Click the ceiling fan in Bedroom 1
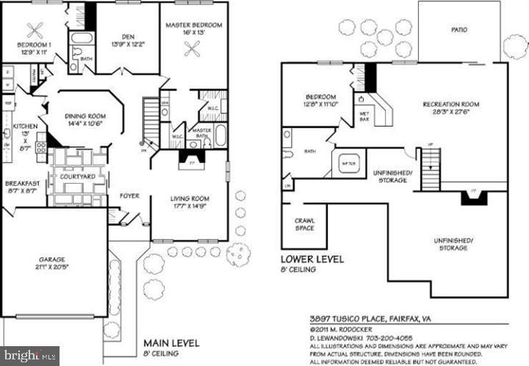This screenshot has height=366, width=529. point(33,30)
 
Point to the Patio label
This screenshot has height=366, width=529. point(459,30)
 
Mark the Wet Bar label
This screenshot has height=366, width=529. point(364,117)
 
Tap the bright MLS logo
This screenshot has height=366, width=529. point(29,356)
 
